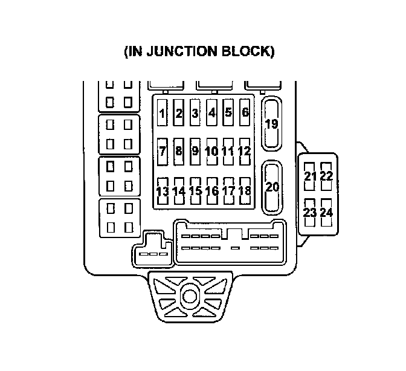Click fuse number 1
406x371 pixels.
(163, 113)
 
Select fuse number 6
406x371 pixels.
(245, 112)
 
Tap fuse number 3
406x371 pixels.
(195, 113)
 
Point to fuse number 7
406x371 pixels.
(163, 151)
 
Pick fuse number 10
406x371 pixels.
(211, 151)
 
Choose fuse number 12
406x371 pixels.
(245, 151)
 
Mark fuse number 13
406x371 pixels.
(163, 191)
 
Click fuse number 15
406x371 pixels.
(195, 191)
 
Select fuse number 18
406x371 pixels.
(245, 191)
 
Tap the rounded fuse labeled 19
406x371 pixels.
(272, 124)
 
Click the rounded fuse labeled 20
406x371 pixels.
(272, 187)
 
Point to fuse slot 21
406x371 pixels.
(311, 176)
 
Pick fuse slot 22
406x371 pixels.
(327, 176)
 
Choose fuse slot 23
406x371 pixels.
(311, 213)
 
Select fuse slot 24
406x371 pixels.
(327, 213)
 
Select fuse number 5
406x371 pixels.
(228, 112)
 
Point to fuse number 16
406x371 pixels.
(211, 191)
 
